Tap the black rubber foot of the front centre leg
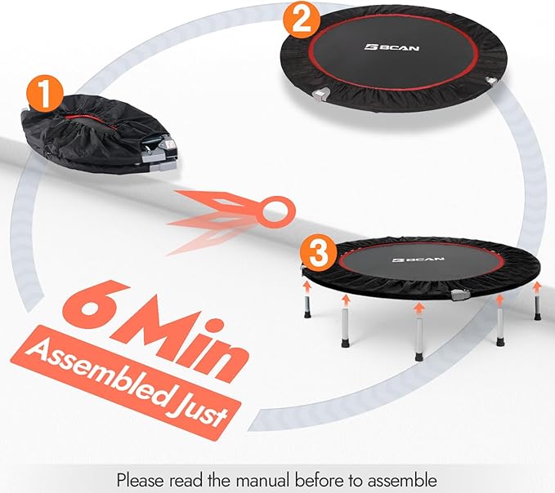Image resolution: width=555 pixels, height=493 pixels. pos(418,356)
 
